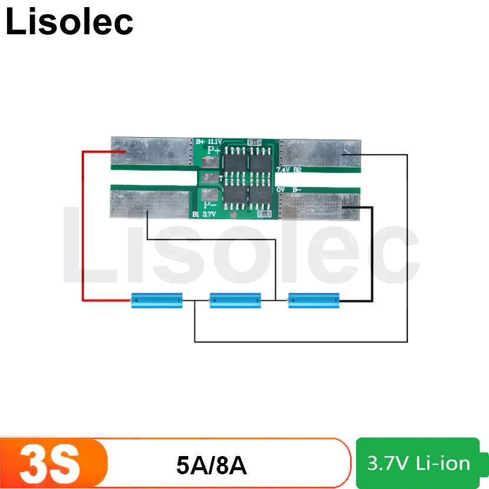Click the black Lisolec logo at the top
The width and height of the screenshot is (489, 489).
(x=69, y=22)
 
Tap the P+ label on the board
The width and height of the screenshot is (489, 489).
(x=212, y=151)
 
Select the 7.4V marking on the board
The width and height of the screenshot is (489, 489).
(x=283, y=169)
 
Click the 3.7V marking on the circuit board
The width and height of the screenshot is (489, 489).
(x=209, y=215)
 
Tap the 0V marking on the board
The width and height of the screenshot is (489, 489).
(x=281, y=189)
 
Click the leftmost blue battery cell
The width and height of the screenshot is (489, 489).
(x=156, y=301)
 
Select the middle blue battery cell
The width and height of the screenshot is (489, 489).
(x=235, y=301)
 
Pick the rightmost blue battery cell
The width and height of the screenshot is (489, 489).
(x=313, y=301)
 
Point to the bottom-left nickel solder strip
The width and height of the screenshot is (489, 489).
(x=150, y=204)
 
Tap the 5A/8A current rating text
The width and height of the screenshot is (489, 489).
(x=211, y=465)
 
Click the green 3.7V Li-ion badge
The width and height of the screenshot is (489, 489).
(x=418, y=463)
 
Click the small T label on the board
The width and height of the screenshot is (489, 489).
(x=221, y=178)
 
